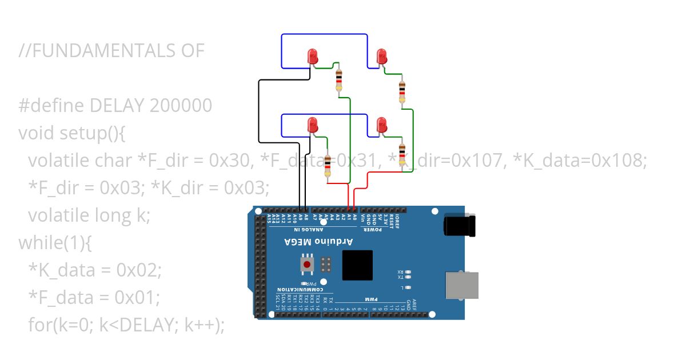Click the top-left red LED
click(313, 57)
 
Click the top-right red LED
click(382, 57)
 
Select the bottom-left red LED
click(313, 125)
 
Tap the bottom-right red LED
click(382, 125)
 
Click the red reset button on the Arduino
click(308, 265)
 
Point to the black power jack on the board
click(461, 225)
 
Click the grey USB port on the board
click(461, 285)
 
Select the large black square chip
click(357, 265)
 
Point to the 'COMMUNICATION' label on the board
click(296, 289)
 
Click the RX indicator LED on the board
click(408, 272)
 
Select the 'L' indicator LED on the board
click(408, 287)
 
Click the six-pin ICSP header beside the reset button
click(326, 265)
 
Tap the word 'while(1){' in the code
click(55, 242)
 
